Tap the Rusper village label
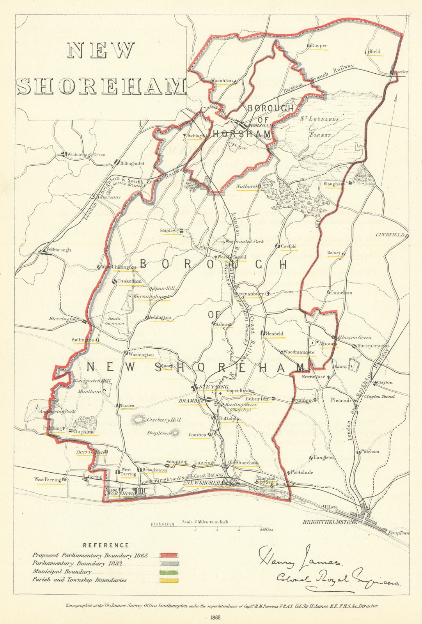coord(319,46)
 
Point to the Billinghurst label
coord(132,163)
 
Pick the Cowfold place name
coord(289,246)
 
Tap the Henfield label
coord(275,334)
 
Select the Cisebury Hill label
coord(164,420)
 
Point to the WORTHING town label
coord(121,493)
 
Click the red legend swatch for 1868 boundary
coord(169,555)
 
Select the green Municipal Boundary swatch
coord(169,572)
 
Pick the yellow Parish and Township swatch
coord(169,580)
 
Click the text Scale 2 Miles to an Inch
coord(205,522)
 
